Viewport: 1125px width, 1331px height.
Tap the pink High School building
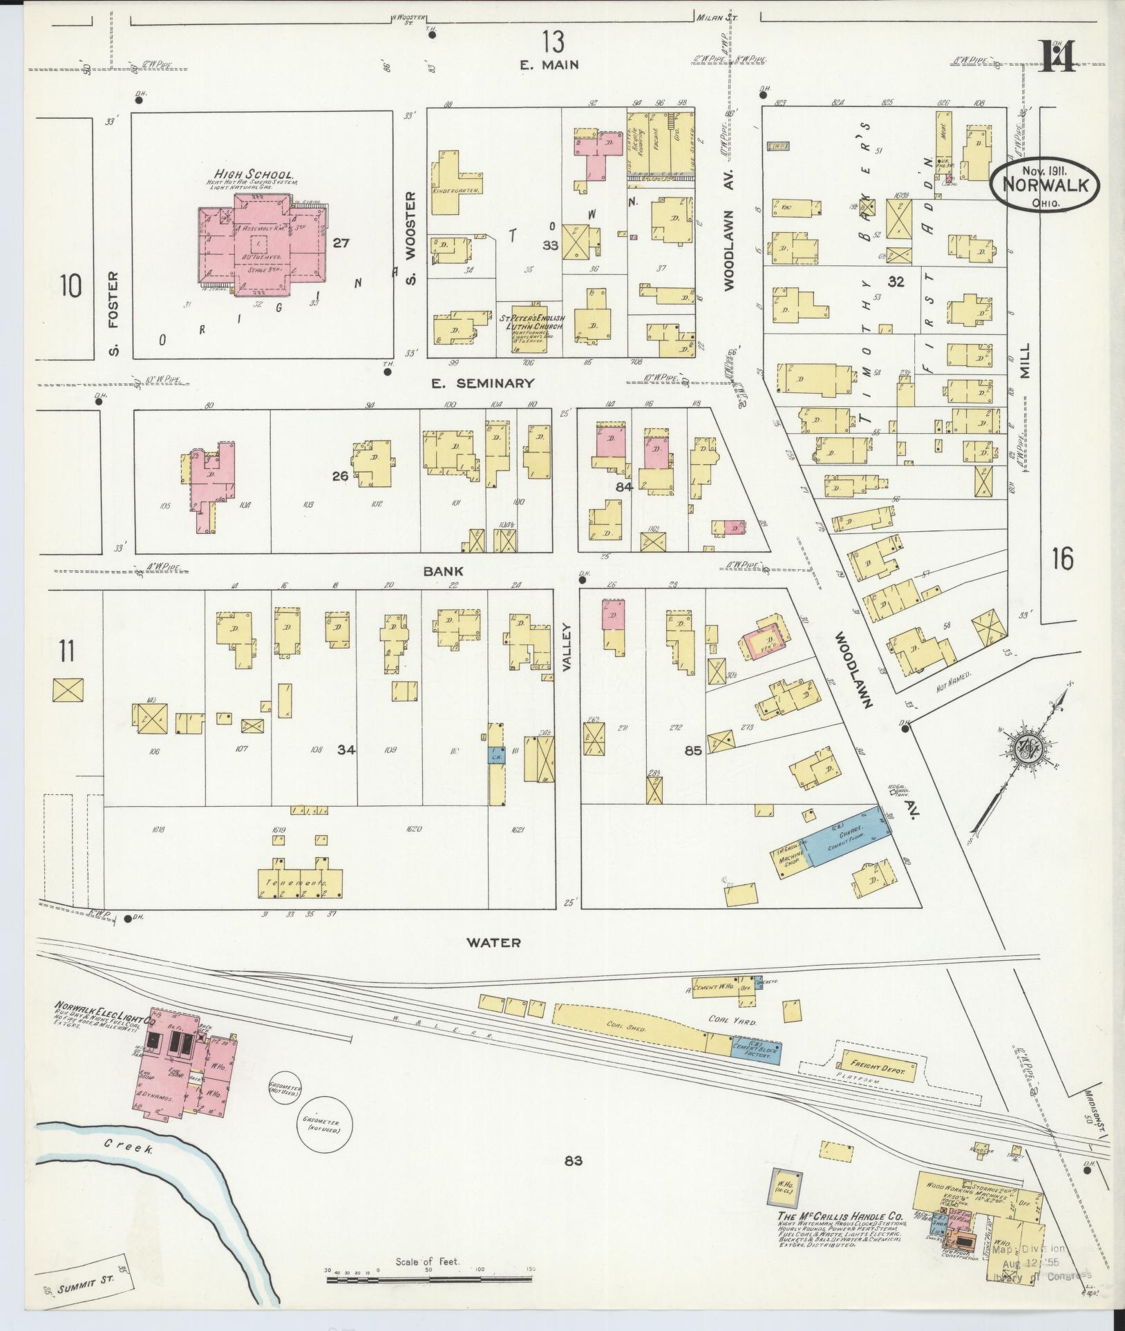[x=263, y=249]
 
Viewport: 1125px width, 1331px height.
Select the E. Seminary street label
[x=482, y=383]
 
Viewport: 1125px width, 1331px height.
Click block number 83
[x=573, y=1160]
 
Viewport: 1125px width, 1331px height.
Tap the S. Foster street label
[x=114, y=314]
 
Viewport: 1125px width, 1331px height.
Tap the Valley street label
[x=568, y=647]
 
